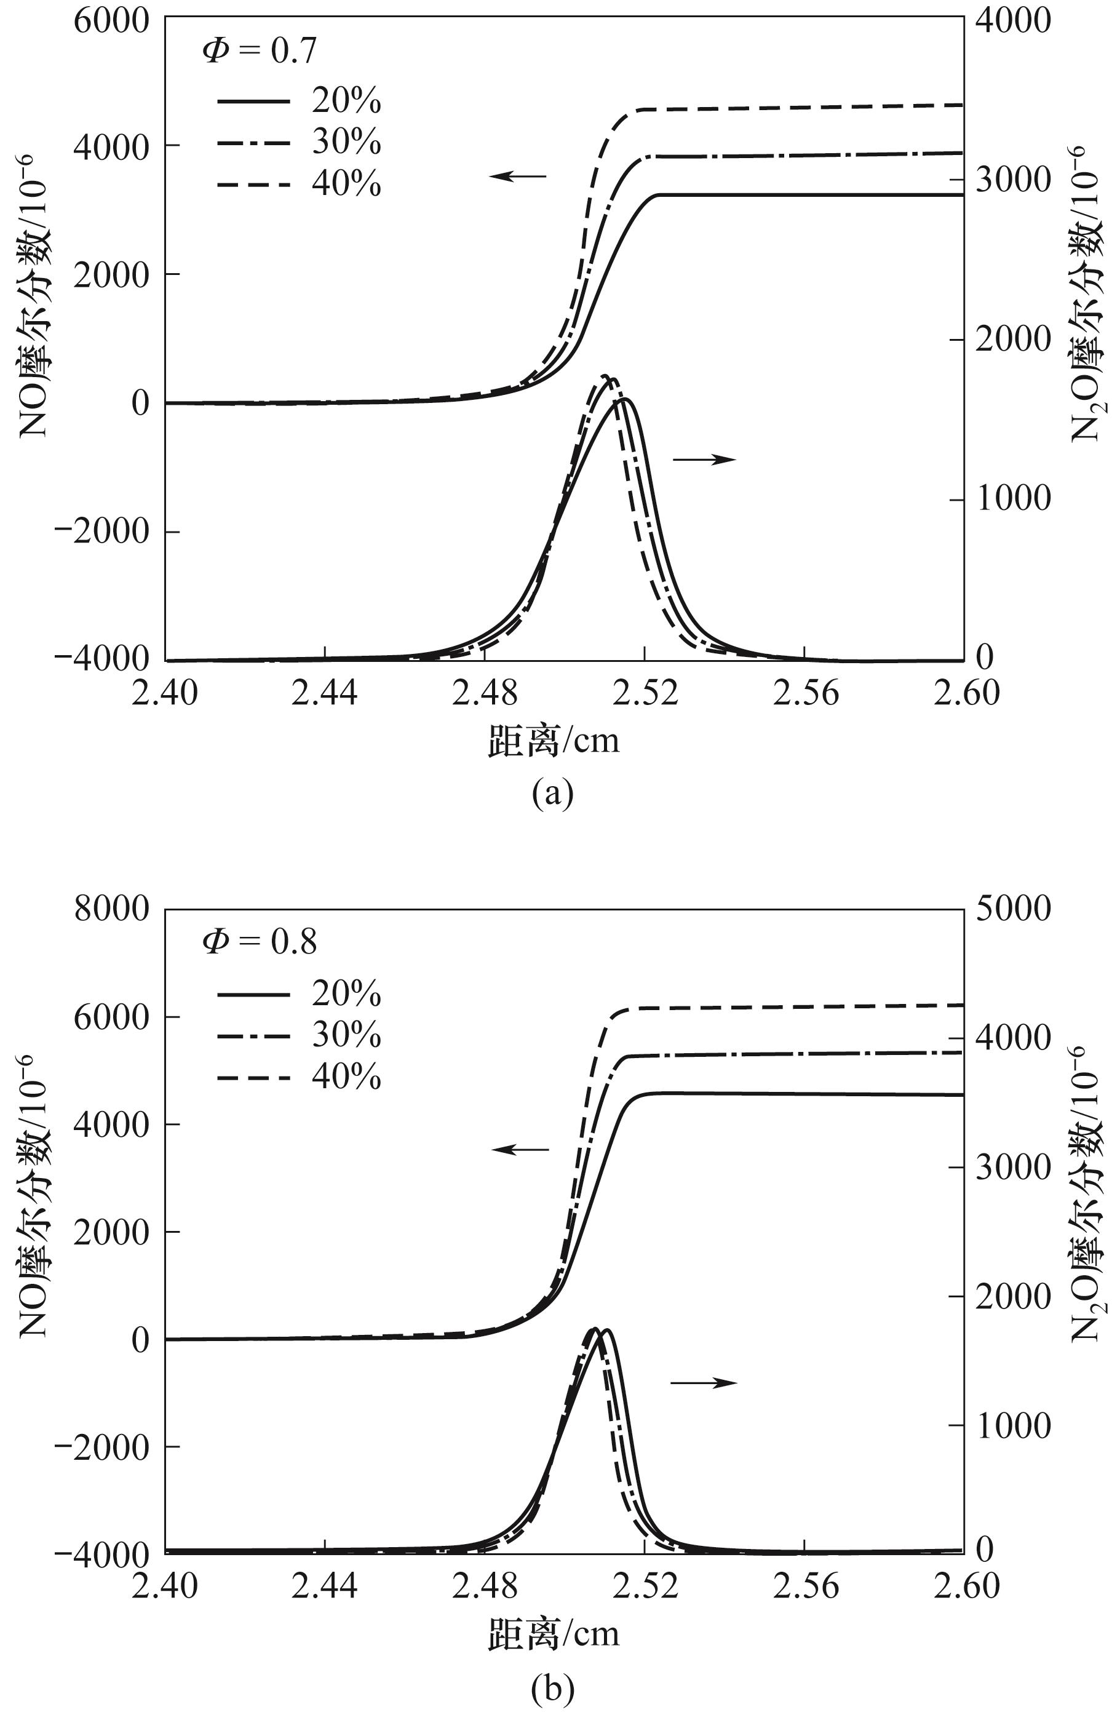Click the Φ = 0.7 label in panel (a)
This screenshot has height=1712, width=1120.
pos(259,51)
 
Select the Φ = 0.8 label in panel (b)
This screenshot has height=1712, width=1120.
pos(259,942)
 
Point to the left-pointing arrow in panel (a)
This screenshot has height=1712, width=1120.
pos(518,175)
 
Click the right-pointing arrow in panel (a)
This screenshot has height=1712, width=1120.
pos(704,459)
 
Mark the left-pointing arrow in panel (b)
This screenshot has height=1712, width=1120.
pos(519,1150)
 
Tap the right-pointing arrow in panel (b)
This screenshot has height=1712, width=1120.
pos(704,1382)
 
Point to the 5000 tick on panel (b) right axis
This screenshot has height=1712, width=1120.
pos(1013,909)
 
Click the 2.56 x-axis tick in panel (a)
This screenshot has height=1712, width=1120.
pos(806,693)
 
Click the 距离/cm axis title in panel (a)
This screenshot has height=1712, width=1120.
pos(553,740)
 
